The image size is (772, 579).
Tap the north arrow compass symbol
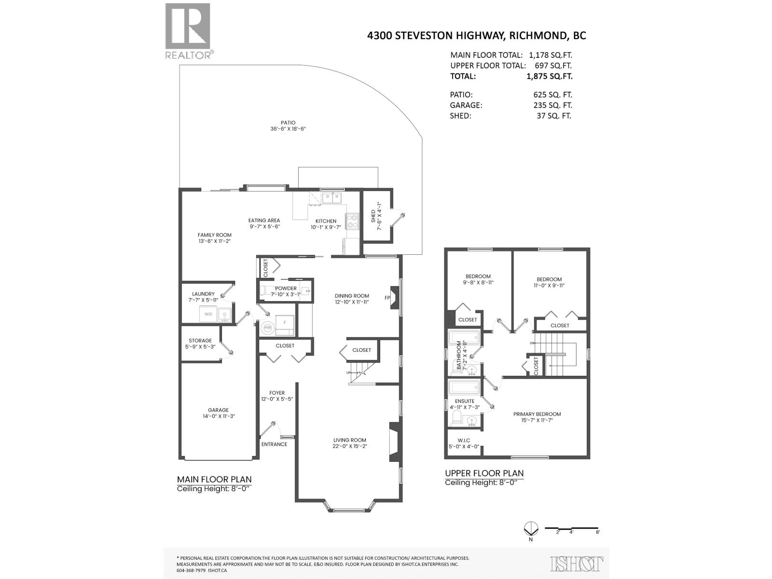pyautogui.click(x=530, y=529)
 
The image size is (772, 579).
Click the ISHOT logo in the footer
pyautogui.click(x=577, y=564)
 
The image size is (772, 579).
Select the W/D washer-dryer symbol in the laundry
pyautogui.click(x=208, y=315)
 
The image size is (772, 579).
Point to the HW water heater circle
pyautogui.click(x=267, y=328)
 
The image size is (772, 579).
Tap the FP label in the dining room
pyautogui.click(x=387, y=298)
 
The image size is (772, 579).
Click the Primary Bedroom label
pyautogui.click(x=537, y=414)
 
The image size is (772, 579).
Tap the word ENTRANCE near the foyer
pyautogui.click(x=274, y=444)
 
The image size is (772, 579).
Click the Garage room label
pyautogui.click(x=218, y=410)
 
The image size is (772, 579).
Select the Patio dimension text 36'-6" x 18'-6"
pyautogui.click(x=289, y=129)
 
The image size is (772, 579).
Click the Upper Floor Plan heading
pyautogui.click(x=484, y=473)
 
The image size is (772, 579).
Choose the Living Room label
pyautogui.click(x=350, y=440)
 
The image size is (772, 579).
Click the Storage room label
pyautogui.click(x=200, y=341)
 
